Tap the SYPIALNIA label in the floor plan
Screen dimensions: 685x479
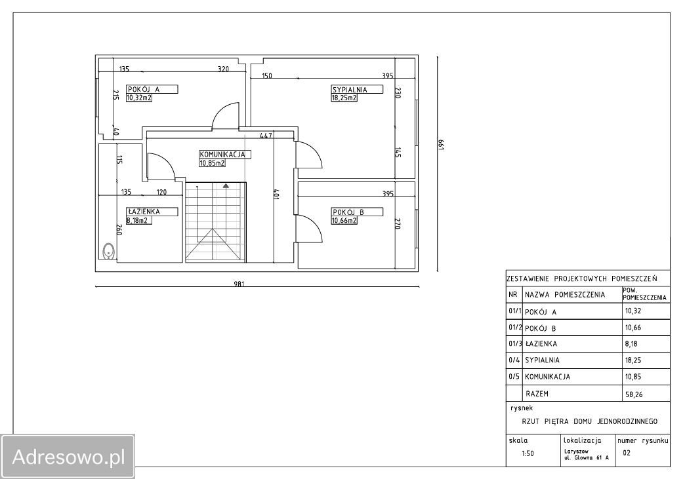[350, 90]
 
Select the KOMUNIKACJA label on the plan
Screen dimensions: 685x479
[222, 155]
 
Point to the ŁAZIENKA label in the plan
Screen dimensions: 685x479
[144, 212]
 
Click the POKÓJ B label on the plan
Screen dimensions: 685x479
[348, 212]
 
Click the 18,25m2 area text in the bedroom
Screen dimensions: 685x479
[344, 98]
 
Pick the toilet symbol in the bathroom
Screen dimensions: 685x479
[108, 251]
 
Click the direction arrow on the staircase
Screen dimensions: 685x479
[226, 185]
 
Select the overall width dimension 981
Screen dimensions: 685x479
[239, 284]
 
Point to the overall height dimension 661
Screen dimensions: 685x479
[440, 145]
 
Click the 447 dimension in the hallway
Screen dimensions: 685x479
[266, 136]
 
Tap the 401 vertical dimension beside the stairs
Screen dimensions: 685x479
[276, 194]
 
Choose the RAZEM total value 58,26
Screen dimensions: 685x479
[634, 394]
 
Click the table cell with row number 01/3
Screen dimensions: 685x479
[515, 344]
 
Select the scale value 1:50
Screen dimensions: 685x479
[528, 453]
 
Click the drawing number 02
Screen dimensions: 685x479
[627, 453]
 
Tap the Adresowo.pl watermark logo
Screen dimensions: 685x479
[68, 457]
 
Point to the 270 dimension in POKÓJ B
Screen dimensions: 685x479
[398, 223]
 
